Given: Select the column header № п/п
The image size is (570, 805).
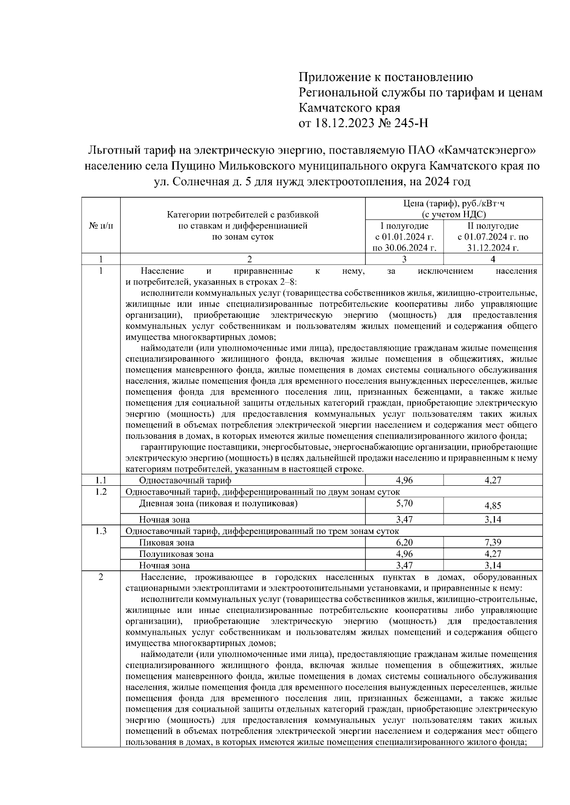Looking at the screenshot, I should pos(100,226).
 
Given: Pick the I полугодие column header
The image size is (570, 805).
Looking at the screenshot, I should pos(404,226).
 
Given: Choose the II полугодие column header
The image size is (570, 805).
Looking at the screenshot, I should pos(493,226).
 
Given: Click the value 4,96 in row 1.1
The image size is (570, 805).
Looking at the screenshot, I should pos(404,480).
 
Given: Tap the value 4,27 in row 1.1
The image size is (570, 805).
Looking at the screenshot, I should pos(493,480).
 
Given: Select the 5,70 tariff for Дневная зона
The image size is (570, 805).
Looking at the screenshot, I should pos(404,503).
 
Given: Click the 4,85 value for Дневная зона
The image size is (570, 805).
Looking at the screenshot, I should pos(493,505).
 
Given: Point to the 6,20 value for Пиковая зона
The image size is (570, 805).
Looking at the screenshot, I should pos(404,542).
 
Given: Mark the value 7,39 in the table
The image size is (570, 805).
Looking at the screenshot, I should pos(493,542).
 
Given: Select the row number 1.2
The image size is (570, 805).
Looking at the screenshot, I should pos(100,491).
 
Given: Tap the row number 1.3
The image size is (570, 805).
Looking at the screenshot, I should pos(100,531).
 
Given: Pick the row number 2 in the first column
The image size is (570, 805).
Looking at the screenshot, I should pos(100,577).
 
